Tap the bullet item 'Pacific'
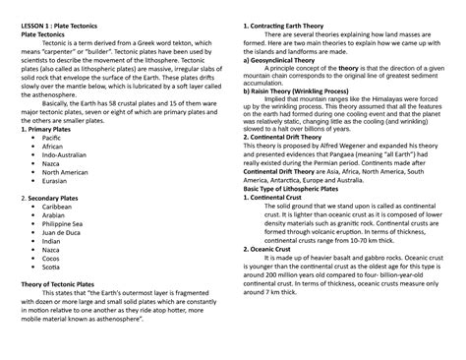point(51,139)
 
